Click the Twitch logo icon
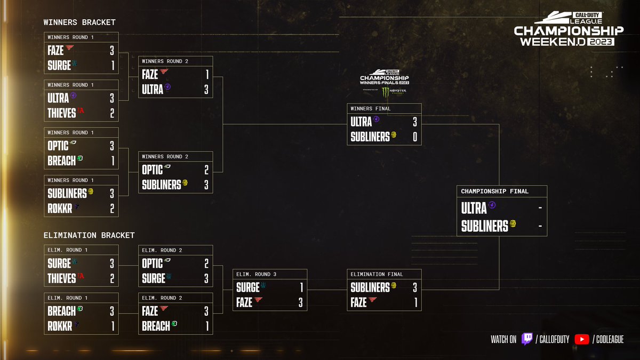pyautogui.click(x=527, y=339)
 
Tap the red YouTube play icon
pyautogui.click(x=582, y=339)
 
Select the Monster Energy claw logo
pyautogui.click(x=386, y=92)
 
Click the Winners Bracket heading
pyautogui.click(x=79, y=22)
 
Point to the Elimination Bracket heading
pyautogui.click(x=89, y=235)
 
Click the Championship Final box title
pyautogui.click(x=494, y=191)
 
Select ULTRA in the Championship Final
pyautogui.click(x=474, y=208)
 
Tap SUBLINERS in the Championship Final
pyautogui.click(x=485, y=226)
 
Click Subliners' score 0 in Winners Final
pyautogui.click(x=415, y=137)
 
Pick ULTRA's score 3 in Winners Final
pyautogui.click(x=415, y=122)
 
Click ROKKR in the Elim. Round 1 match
pyautogui.click(x=60, y=326)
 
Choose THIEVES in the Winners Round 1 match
pyautogui.click(x=62, y=113)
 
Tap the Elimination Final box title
pyautogui.click(x=377, y=274)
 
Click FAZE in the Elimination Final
pyautogui.click(x=358, y=302)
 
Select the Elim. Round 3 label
pyautogui.click(x=256, y=274)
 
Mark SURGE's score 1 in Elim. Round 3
pyautogui.click(x=301, y=287)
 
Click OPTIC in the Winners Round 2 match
pyautogui.click(x=153, y=170)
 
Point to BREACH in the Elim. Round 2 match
pyautogui.click(x=156, y=326)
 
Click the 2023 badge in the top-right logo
pyautogui.click(x=601, y=42)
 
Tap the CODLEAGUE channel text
pyautogui.click(x=610, y=339)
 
